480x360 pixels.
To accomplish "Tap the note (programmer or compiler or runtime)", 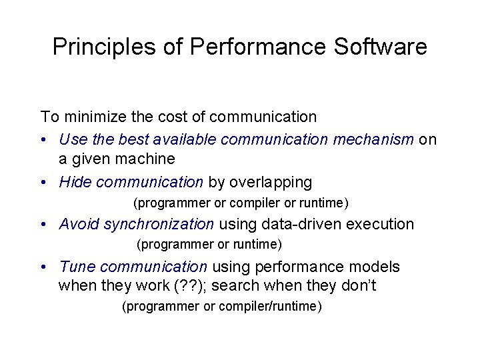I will click(x=241, y=203).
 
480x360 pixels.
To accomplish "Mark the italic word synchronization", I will click(x=159, y=224).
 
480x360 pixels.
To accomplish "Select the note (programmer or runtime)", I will click(x=209, y=245).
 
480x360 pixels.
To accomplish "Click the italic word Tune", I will click(x=76, y=267).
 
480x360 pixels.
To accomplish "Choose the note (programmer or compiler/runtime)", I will click(x=222, y=307).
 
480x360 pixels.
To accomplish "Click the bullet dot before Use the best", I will click(x=44, y=139).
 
